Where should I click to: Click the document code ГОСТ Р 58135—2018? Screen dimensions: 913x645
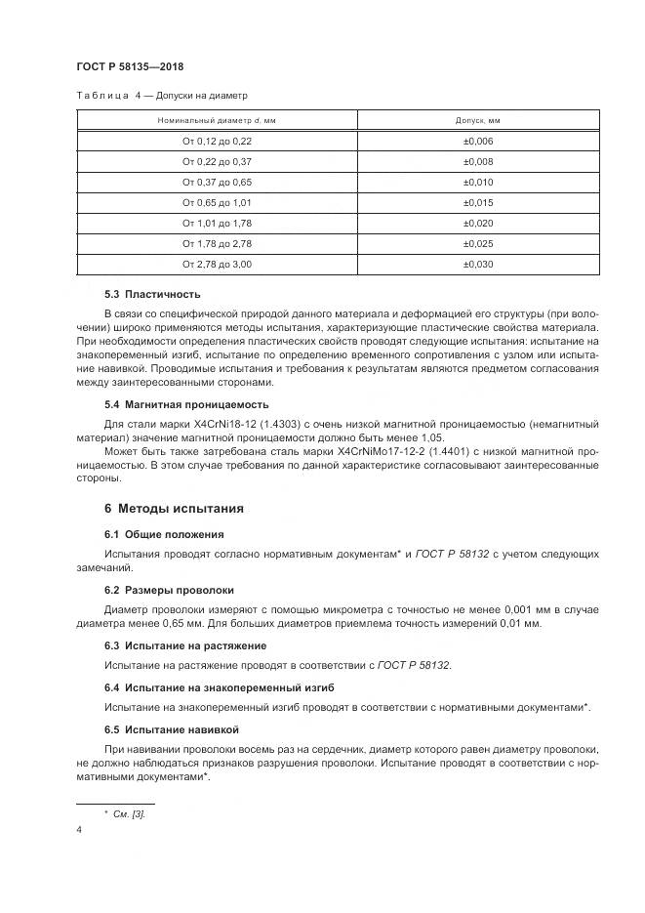point(130,67)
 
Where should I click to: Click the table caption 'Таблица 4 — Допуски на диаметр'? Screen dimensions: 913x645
point(162,96)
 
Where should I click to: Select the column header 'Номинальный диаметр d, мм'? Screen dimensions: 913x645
point(216,121)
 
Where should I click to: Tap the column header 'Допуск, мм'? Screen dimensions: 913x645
point(478,121)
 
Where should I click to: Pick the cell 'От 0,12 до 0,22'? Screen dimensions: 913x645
point(217,142)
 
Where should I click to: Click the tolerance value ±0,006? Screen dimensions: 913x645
point(478,142)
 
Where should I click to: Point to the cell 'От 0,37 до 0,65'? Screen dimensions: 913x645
point(217,183)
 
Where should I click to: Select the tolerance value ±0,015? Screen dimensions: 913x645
point(478,203)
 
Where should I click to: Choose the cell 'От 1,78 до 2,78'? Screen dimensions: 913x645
point(217,244)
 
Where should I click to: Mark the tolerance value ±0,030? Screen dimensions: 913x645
point(478,265)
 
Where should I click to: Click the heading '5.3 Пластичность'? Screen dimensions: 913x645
point(152,294)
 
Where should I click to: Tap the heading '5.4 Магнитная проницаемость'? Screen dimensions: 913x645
point(186,404)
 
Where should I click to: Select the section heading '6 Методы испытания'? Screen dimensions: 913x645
point(174,509)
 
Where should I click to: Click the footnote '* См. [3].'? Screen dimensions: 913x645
point(124,813)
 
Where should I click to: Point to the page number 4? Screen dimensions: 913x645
point(79,830)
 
